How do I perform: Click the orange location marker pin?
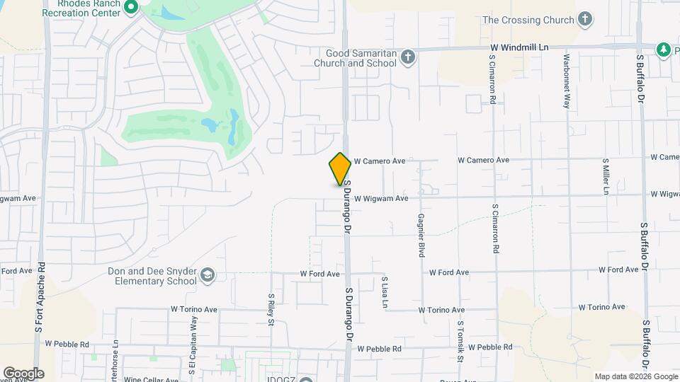(x=340, y=168)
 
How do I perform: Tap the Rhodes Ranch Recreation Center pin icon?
(x=130, y=8)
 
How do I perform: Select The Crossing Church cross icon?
(x=585, y=19)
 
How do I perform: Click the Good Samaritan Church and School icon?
(x=407, y=57)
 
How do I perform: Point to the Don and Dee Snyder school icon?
(x=208, y=275)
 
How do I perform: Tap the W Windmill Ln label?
(x=520, y=47)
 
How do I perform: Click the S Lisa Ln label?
(x=385, y=292)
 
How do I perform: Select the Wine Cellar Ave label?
(x=151, y=380)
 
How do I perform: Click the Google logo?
(x=23, y=374)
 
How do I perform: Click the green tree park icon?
(x=664, y=50)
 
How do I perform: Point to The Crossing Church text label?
(x=528, y=20)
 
